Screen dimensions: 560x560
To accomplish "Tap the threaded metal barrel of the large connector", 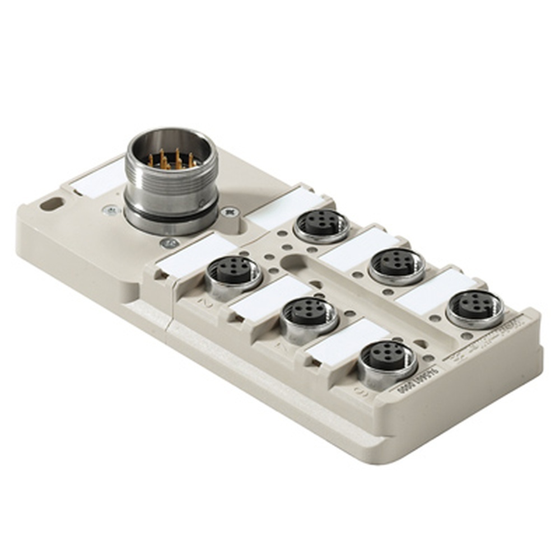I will [171, 190].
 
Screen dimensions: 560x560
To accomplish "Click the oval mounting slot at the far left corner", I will [51, 205].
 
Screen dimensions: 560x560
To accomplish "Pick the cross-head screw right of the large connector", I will [230, 212].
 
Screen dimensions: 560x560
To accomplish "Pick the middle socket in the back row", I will [396, 263].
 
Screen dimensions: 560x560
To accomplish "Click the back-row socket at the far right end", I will [474, 305].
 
